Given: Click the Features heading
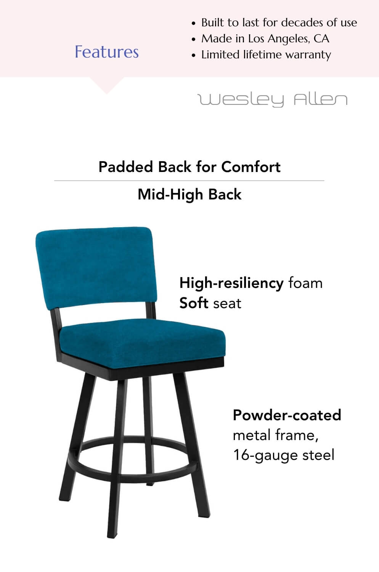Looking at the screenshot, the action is (106, 52).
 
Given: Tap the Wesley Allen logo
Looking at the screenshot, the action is (272, 100).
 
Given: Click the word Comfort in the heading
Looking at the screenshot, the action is (251, 167).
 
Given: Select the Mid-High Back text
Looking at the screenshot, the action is (189, 194).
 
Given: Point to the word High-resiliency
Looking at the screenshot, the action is (231, 283).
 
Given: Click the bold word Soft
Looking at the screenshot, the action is (194, 303).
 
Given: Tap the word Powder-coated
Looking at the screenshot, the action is (287, 415).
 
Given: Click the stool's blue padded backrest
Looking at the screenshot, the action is (96, 268).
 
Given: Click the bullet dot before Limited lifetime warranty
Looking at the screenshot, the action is (194, 55).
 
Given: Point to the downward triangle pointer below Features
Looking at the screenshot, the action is (107, 85).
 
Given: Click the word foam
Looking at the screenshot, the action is (305, 283).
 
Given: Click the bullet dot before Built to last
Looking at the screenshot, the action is (194, 24).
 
